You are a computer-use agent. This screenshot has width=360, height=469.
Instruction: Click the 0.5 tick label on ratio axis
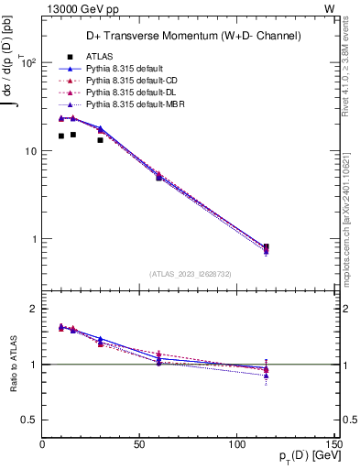tap(29, 420)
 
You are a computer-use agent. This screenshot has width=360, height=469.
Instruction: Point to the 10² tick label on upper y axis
tap(28, 63)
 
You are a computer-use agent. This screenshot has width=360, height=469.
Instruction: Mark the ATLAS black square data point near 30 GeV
tap(101, 140)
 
